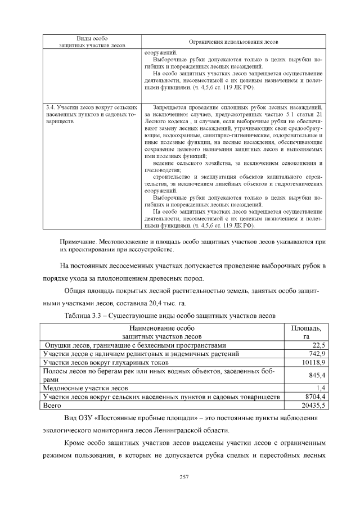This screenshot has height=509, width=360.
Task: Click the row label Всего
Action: point(52,405)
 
